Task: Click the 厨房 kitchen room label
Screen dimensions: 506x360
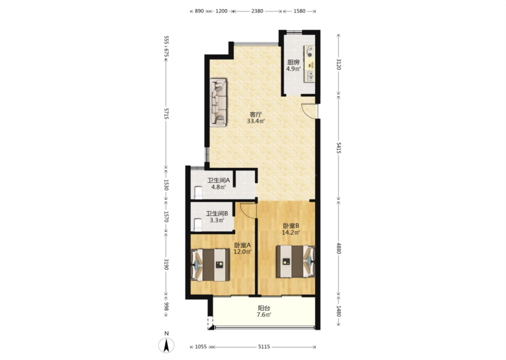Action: [293, 62]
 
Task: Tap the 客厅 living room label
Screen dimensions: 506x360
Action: [255, 114]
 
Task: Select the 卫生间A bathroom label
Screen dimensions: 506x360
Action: [219, 180]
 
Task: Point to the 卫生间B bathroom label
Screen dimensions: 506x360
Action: [217, 213]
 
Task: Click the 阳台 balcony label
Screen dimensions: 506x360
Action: [264, 308]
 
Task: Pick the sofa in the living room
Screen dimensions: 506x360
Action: [218, 102]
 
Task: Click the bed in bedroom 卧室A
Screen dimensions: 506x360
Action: [210, 265]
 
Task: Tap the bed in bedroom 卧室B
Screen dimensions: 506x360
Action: [296, 262]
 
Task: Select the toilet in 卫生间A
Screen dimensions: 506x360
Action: [198, 192]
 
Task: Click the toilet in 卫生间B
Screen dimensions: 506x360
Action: [198, 225]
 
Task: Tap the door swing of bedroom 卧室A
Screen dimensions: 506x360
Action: [248, 211]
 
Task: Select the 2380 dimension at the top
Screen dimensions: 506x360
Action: [257, 11]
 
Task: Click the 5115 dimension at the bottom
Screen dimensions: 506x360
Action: [264, 347]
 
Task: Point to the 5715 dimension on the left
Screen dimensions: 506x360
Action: [167, 114]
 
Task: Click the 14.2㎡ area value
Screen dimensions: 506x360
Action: [291, 232]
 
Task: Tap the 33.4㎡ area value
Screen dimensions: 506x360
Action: [256, 121]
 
